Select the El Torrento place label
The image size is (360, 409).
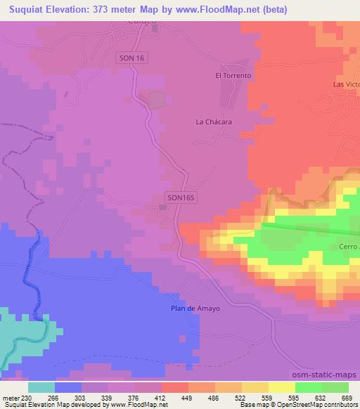[233, 75]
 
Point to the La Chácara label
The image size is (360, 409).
[214, 122]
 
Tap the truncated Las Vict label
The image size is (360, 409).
[346, 84]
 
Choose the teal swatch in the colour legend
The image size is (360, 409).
[41, 387]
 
